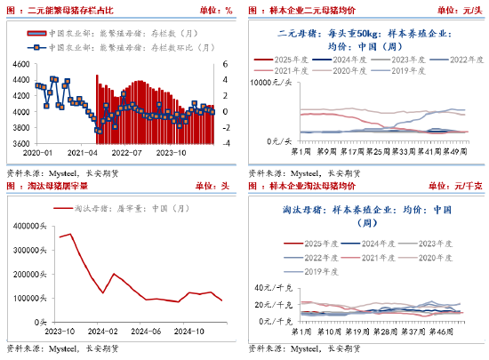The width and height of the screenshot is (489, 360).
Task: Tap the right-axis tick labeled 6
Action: point(225,65)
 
